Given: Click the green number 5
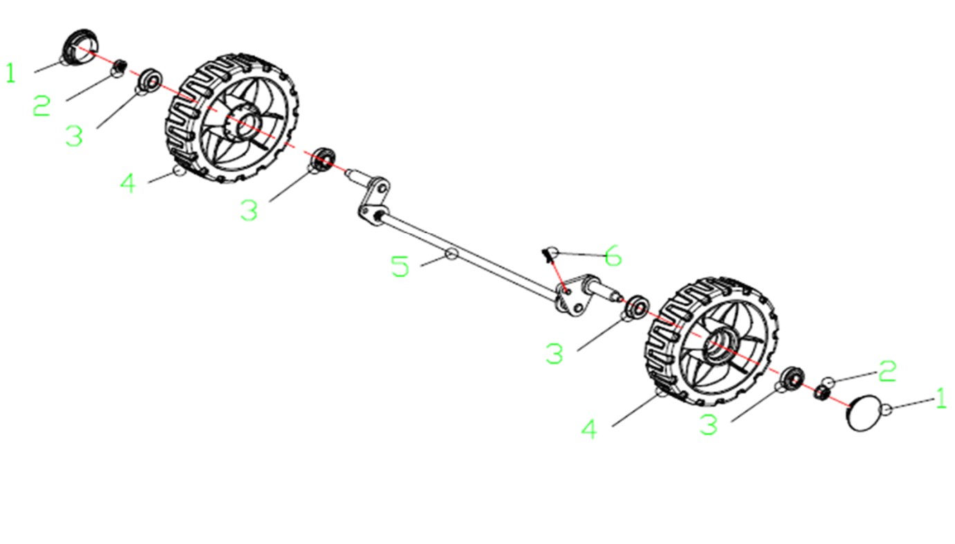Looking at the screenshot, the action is [x=400, y=266].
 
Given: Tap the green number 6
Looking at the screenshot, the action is [x=613, y=255].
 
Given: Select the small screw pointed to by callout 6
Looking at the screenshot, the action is [x=548, y=255].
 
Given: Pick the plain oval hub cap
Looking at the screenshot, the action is [x=863, y=413].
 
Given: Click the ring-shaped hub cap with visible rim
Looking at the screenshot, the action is [x=81, y=47].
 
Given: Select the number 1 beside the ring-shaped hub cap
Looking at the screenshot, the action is [x=11, y=73].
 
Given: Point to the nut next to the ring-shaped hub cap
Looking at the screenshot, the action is [x=120, y=66].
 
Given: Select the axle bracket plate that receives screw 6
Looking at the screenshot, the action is [x=573, y=296].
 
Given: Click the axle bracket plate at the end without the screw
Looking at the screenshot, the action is [x=373, y=201].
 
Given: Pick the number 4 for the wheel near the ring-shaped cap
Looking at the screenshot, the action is [x=128, y=183].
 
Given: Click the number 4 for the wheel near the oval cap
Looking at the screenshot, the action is [x=589, y=429].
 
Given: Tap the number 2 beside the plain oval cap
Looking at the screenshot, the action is [x=887, y=370].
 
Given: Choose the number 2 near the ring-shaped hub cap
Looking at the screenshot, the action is [x=41, y=105].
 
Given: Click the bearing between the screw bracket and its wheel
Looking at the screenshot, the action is [x=636, y=307].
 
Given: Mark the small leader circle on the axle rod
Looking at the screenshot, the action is [x=452, y=254].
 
